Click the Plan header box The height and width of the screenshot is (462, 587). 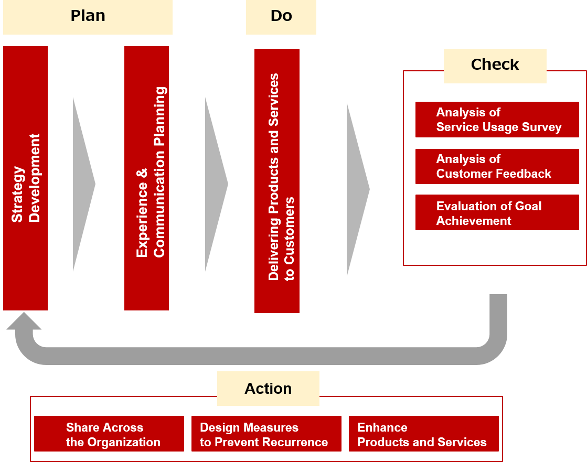88,17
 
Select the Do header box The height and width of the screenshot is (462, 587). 281,17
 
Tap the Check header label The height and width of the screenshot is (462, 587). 495,65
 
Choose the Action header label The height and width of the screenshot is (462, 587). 268,389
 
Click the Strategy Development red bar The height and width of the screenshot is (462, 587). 25,178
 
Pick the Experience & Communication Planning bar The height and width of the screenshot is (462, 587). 146,178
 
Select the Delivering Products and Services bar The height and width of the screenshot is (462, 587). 277,181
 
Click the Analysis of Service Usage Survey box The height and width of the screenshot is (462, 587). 497,120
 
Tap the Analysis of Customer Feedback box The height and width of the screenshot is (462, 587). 497,166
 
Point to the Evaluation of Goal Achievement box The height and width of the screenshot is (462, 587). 497,213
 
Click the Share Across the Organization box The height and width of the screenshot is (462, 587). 109,434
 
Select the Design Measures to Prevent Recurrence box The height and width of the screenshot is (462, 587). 266,434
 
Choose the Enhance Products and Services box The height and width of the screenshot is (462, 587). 423,434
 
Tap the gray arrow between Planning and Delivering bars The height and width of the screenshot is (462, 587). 215,184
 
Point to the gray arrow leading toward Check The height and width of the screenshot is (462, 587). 356,189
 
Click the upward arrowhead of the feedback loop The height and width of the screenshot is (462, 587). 24,321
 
